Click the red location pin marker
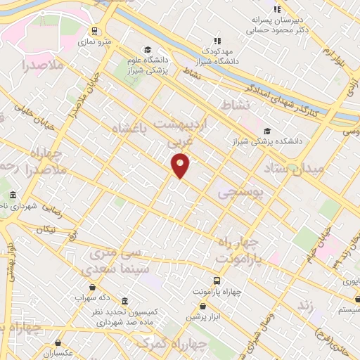pos(181,165)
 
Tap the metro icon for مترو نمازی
pos(94,31)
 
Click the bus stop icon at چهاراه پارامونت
pos(197,290)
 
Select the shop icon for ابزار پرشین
pos(202,307)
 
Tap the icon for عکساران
pos(58,342)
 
